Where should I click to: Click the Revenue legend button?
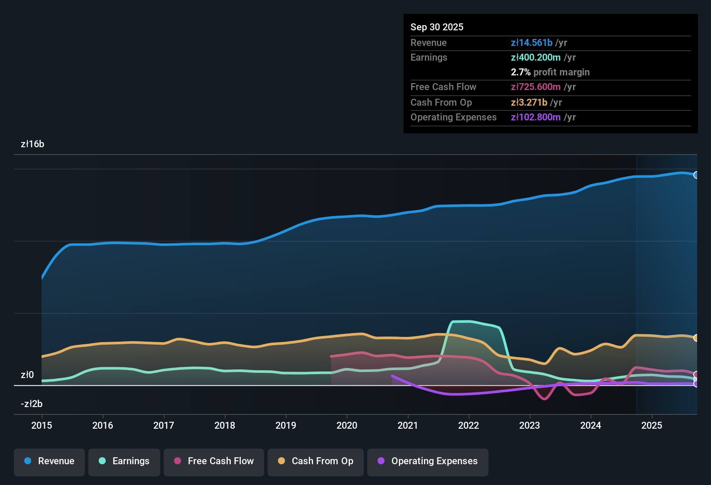[49, 461]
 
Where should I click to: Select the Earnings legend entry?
[124, 461]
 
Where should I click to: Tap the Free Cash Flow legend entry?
[214, 461]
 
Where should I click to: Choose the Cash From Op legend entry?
[316, 461]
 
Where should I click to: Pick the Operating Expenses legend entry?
[428, 461]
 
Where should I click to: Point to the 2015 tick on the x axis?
[42, 425]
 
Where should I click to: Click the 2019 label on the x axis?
[286, 425]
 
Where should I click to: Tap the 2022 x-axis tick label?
[469, 425]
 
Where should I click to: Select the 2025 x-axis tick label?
[652, 425]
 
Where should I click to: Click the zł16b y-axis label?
[32, 144]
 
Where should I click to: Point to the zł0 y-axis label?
[27, 375]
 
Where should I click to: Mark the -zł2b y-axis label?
[32, 404]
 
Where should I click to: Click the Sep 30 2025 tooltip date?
[437, 27]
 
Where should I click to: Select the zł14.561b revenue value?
[532, 43]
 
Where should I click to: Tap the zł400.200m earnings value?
[536, 58]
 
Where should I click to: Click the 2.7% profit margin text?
[550, 72]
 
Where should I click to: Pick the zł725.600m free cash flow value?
[536, 87]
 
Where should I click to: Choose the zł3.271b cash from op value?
[529, 103]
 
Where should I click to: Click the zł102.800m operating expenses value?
[536, 117]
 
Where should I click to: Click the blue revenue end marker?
[696, 175]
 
